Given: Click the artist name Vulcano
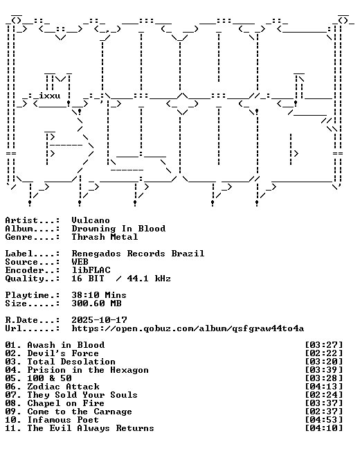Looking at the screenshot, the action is pyautogui.click(x=91, y=220).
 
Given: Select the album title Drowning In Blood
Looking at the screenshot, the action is pyautogui.click(x=118, y=229).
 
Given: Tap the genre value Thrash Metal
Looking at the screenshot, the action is pyautogui.click(x=105, y=237).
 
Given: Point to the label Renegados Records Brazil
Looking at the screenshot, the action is pyautogui.click(x=138, y=254).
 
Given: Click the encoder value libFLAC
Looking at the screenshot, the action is pyautogui.click(x=91, y=270).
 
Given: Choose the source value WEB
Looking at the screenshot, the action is pyautogui.click(x=80, y=262).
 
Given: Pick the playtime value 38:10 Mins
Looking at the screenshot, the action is pyautogui.click(x=99, y=295).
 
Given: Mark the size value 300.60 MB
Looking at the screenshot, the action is pyautogui.click(x=96, y=303).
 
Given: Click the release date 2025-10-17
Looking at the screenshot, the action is pyautogui.click(x=99, y=320).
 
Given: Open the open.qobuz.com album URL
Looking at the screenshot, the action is pyautogui.click(x=188, y=328).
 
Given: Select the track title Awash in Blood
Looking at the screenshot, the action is pyautogui.click(x=66, y=345).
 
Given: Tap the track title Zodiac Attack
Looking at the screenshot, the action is pyautogui.click(x=63, y=386).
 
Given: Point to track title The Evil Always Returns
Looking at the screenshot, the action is pyautogui.click(x=91, y=428).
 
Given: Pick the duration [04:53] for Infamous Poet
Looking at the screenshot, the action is pyautogui.click(x=324, y=420).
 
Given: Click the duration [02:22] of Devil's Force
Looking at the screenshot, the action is pyautogui.click(x=324, y=353).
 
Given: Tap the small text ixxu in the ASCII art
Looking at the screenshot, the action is pyautogui.click(x=50, y=96).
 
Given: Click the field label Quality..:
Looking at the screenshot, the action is pyautogui.click(x=33, y=279).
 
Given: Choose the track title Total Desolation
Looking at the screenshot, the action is pyautogui.click(x=71, y=362).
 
